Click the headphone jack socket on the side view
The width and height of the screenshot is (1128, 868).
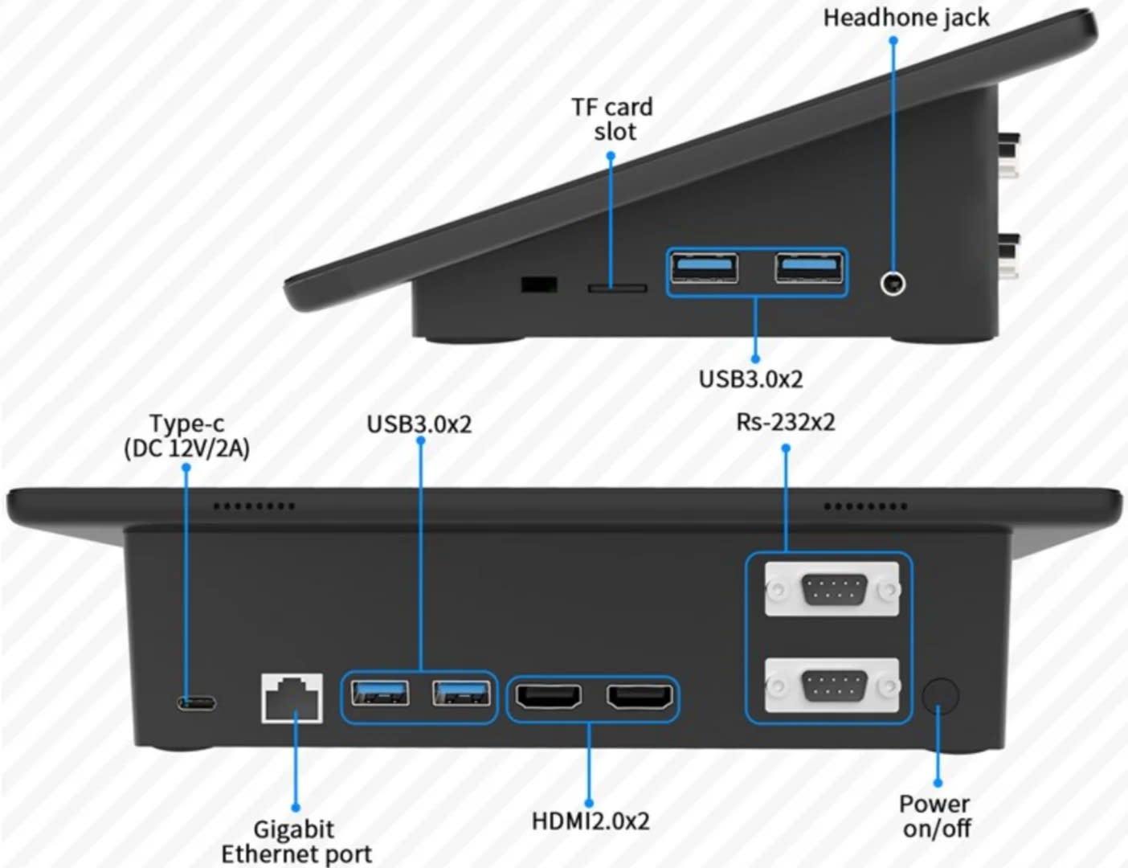click(893, 284)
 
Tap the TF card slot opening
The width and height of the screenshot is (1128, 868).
click(617, 288)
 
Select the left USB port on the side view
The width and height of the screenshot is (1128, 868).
click(704, 267)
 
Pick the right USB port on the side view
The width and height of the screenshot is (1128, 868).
click(809, 267)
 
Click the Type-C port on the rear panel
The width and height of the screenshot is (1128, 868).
click(197, 703)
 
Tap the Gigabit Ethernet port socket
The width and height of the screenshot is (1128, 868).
click(292, 698)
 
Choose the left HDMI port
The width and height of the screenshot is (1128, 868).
click(548, 697)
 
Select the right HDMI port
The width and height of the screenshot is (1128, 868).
click(640, 697)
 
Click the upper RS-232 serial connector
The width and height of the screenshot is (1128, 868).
click(832, 590)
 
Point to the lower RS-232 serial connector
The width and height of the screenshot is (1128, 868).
click(832, 686)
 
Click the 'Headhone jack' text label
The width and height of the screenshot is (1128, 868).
click(905, 18)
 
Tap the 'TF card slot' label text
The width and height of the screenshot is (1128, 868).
click(612, 119)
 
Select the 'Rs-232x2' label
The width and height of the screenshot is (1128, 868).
click(785, 422)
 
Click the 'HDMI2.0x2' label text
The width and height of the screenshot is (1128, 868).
click(591, 821)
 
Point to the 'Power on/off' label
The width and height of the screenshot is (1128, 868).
click(935, 815)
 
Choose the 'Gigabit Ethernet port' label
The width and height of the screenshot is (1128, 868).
click(296, 841)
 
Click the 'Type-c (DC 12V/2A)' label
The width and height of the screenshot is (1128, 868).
click(186, 436)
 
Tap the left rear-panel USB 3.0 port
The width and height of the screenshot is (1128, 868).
click(380, 693)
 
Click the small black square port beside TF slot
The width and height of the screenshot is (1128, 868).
click(539, 285)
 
